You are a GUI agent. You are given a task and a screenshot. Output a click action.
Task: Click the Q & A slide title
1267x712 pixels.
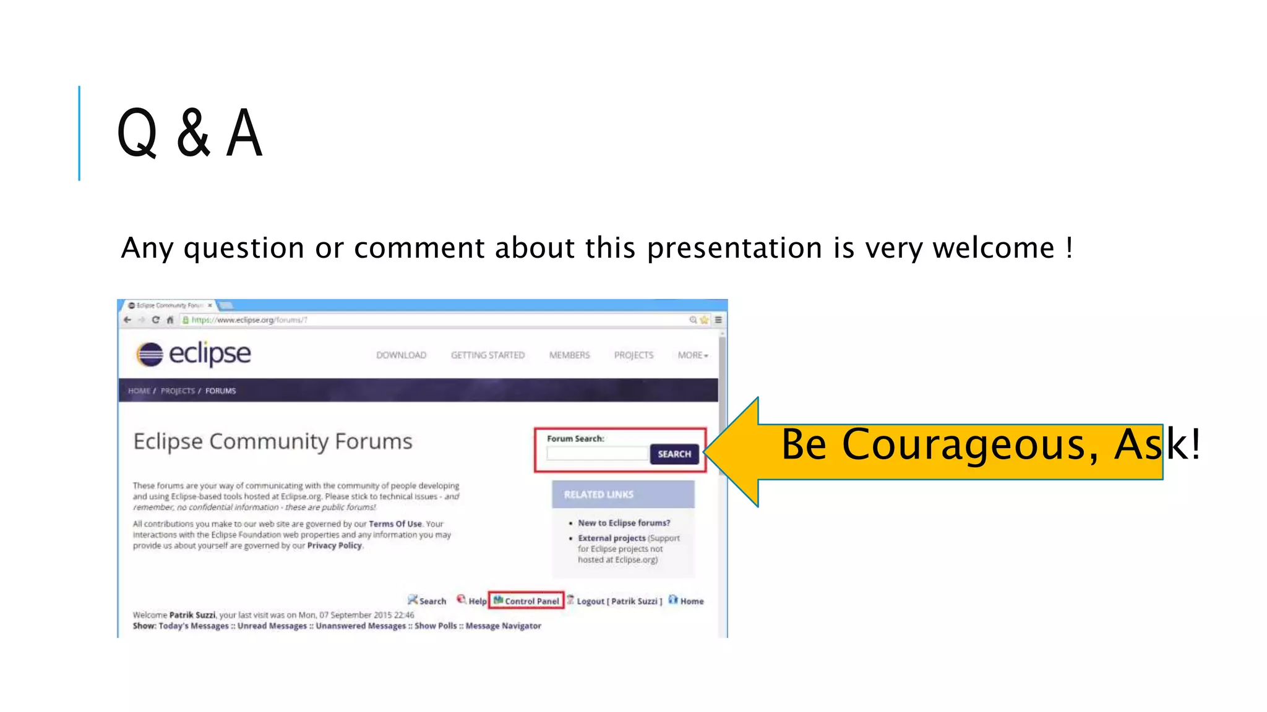(189, 133)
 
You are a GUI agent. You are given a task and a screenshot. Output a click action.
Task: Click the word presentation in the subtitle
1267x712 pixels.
(734, 248)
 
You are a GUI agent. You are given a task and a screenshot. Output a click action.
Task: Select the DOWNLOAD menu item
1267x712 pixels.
(401, 355)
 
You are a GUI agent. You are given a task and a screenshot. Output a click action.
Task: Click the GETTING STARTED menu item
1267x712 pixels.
(487, 355)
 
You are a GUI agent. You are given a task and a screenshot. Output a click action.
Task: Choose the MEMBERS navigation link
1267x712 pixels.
(569, 355)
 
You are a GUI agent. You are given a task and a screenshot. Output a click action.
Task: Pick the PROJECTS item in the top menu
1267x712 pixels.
(633, 355)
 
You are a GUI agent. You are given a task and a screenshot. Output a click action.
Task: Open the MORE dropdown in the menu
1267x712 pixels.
(692, 355)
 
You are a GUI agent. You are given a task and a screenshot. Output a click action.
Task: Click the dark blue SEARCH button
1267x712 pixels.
(674, 454)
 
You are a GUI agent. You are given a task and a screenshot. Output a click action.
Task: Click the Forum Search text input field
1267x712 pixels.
(597, 454)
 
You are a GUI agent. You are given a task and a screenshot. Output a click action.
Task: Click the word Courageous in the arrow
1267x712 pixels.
(964, 445)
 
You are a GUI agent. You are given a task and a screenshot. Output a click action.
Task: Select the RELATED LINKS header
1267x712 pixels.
(598, 494)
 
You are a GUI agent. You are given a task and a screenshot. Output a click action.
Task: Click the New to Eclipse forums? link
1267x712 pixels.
(624, 523)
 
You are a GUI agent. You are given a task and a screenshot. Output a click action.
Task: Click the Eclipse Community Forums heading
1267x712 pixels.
(273, 442)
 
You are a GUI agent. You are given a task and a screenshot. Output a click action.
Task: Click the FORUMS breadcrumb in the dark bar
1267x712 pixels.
(220, 391)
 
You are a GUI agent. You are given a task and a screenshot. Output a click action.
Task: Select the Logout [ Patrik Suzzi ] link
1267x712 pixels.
(619, 601)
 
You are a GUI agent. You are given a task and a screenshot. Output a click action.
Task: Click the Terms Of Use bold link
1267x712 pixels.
(395, 524)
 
